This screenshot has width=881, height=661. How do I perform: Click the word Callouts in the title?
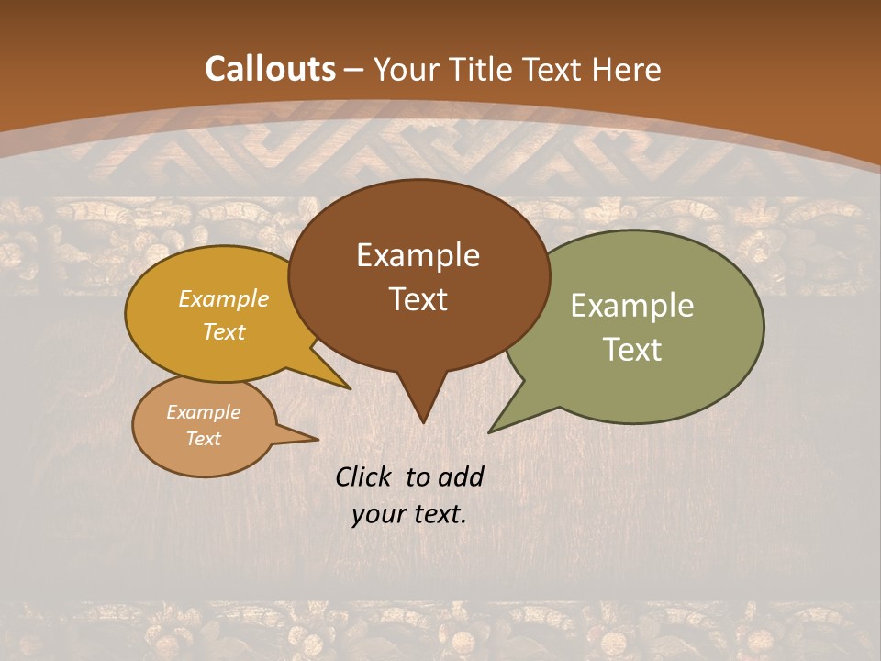[x=270, y=69]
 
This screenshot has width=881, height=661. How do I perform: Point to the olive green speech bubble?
[x=697, y=275]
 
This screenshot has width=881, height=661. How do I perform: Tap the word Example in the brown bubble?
[x=418, y=255]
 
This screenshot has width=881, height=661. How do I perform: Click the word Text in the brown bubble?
[x=418, y=299]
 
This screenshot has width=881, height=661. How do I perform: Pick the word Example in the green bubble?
[x=632, y=306]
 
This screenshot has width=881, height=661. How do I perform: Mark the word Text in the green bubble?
[x=632, y=350]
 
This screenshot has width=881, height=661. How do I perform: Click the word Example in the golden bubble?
[x=224, y=298]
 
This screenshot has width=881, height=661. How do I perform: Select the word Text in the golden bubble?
[x=224, y=331]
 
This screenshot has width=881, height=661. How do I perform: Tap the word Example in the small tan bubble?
[x=204, y=412]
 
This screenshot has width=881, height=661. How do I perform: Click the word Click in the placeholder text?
[x=367, y=476]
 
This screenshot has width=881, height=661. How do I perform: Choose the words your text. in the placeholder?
[x=409, y=514]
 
